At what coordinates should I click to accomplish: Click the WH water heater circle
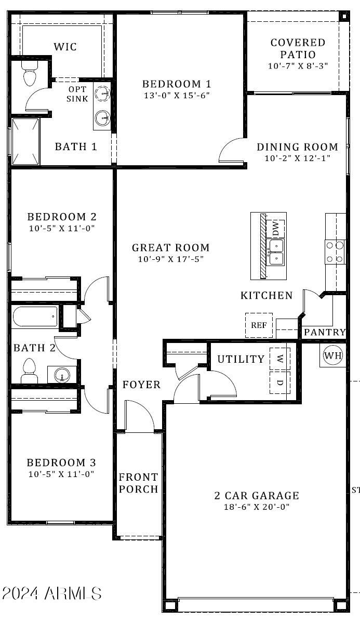click(333, 356)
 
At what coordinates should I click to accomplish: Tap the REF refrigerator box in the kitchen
click(259, 325)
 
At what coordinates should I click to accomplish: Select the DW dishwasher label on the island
click(275, 228)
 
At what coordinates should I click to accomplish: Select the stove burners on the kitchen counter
click(335, 252)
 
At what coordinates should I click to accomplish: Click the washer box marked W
click(279, 359)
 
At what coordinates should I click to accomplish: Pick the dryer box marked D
click(279, 382)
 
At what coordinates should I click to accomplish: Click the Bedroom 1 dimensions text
click(177, 96)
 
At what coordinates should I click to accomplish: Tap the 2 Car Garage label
click(256, 496)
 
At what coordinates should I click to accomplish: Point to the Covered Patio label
click(298, 48)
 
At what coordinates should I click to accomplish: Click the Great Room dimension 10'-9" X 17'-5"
click(170, 259)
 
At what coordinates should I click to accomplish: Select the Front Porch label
click(138, 483)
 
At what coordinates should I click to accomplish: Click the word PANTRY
click(325, 332)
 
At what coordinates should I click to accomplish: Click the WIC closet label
click(65, 47)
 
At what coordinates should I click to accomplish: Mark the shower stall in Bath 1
click(25, 141)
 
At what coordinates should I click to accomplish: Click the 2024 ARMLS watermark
click(51, 593)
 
